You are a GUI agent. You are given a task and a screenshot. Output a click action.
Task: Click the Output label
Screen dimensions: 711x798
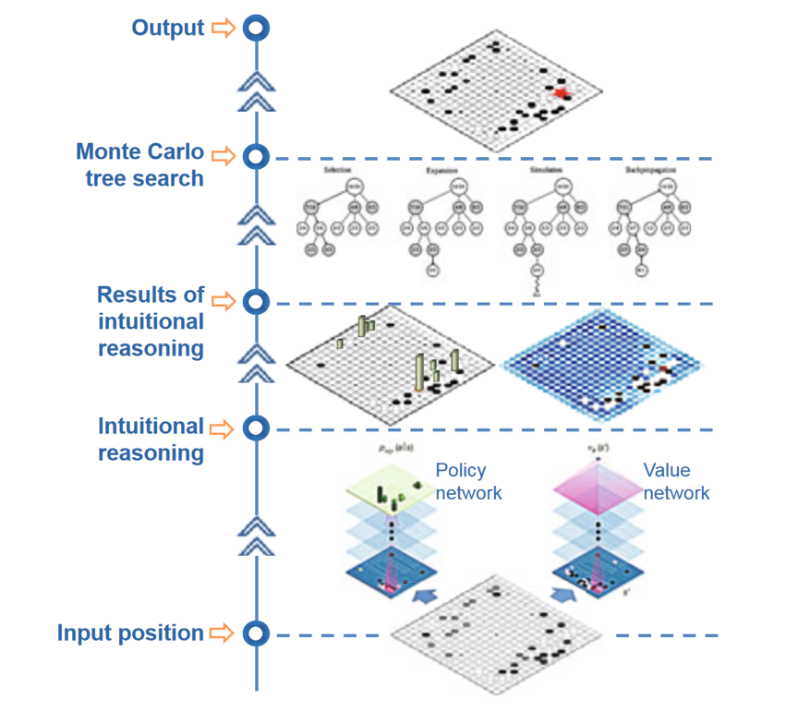click(x=167, y=28)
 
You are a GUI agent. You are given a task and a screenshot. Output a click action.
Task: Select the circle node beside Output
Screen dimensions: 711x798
click(x=256, y=29)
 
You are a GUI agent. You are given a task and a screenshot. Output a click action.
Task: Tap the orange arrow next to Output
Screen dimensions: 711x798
click(x=223, y=29)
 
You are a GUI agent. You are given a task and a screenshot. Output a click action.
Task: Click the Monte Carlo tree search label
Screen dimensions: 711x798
click(x=140, y=164)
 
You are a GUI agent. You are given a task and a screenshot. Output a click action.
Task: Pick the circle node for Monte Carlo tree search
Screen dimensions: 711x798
click(x=256, y=156)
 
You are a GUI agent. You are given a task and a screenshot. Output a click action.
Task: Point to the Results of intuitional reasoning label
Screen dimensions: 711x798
click(x=150, y=321)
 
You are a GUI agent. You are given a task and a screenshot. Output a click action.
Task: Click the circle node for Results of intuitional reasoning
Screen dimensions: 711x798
click(x=256, y=301)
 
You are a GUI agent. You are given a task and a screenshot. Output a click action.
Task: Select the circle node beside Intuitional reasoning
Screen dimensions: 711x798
click(x=256, y=428)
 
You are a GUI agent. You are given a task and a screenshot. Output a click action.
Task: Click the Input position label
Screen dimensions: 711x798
click(x=130, y=633)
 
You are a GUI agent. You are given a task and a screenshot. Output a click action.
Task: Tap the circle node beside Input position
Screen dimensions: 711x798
click(x=256, y=634)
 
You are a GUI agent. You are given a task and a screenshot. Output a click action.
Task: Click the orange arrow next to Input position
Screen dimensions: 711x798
click(x=223, y=633)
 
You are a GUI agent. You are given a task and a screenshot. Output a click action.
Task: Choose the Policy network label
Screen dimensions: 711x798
click(x=469, y=481)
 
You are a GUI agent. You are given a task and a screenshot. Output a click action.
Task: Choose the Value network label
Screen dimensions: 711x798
click(x=676, y=481)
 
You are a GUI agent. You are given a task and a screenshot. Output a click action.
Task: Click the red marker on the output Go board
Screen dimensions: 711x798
click(x=561, y=91)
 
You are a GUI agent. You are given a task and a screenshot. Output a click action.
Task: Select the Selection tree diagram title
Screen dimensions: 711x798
click(x=335, y=171)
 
